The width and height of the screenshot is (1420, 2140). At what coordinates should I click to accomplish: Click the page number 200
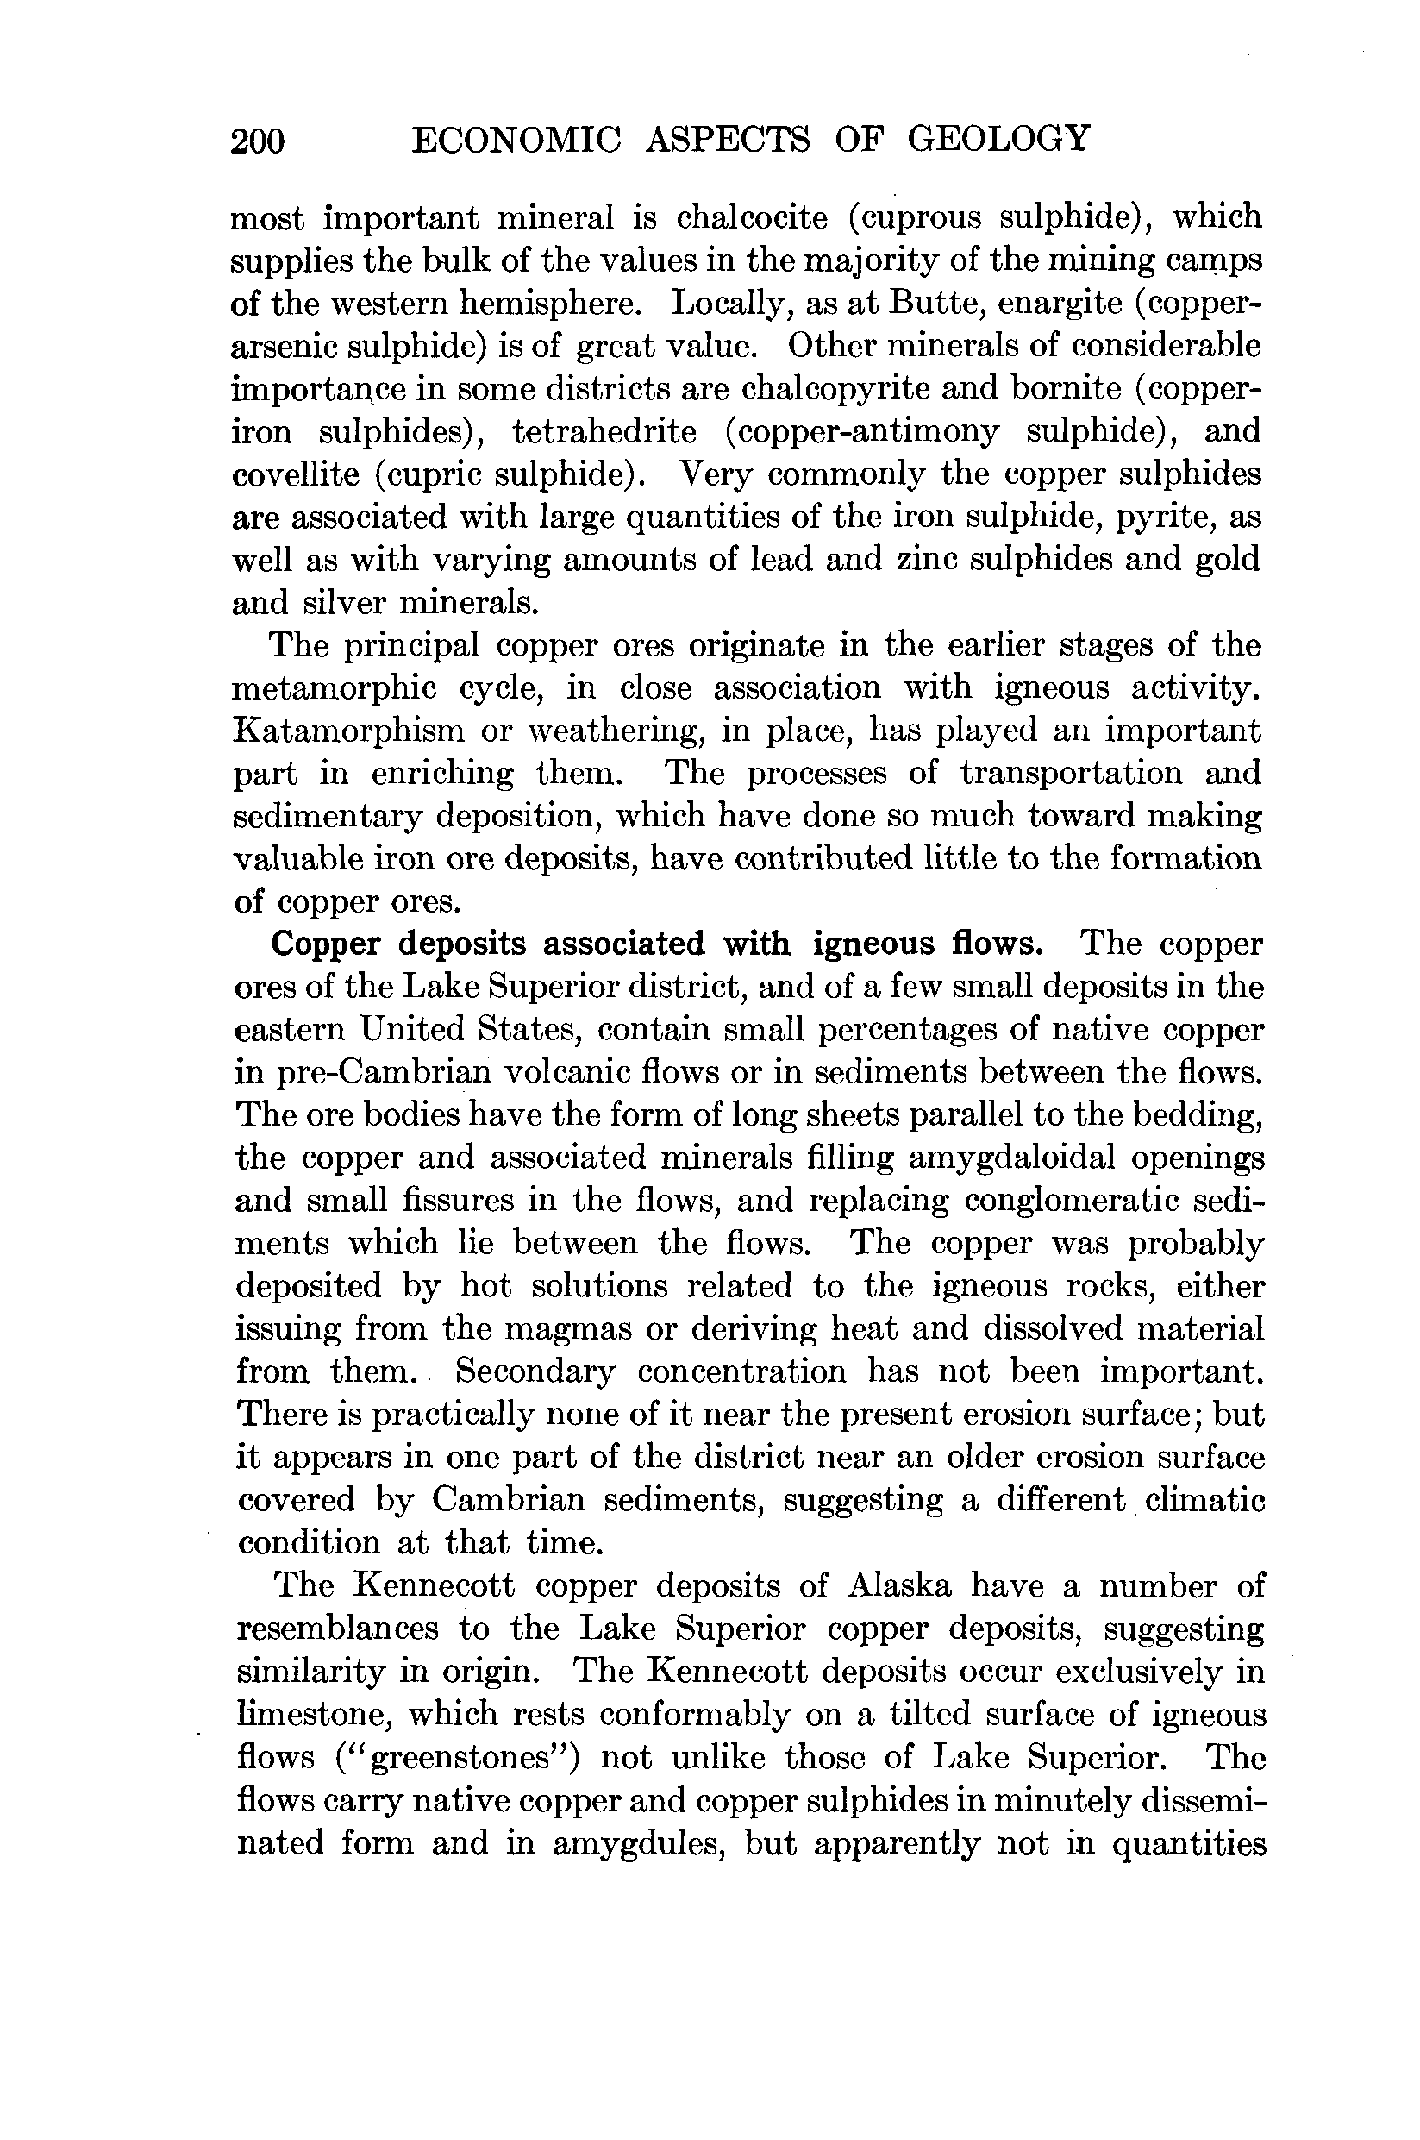tap(258, 141)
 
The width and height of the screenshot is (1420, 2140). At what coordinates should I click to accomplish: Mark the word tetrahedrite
tap(604, 432)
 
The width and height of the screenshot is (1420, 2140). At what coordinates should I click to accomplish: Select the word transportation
tap(1072, 774)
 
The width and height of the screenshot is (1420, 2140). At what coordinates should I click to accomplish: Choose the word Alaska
tap(899, 1586)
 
